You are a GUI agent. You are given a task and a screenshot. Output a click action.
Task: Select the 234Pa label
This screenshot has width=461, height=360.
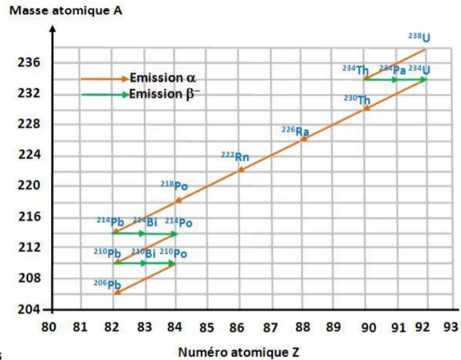392,69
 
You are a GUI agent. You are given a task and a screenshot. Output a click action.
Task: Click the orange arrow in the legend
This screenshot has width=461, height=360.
105,78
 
